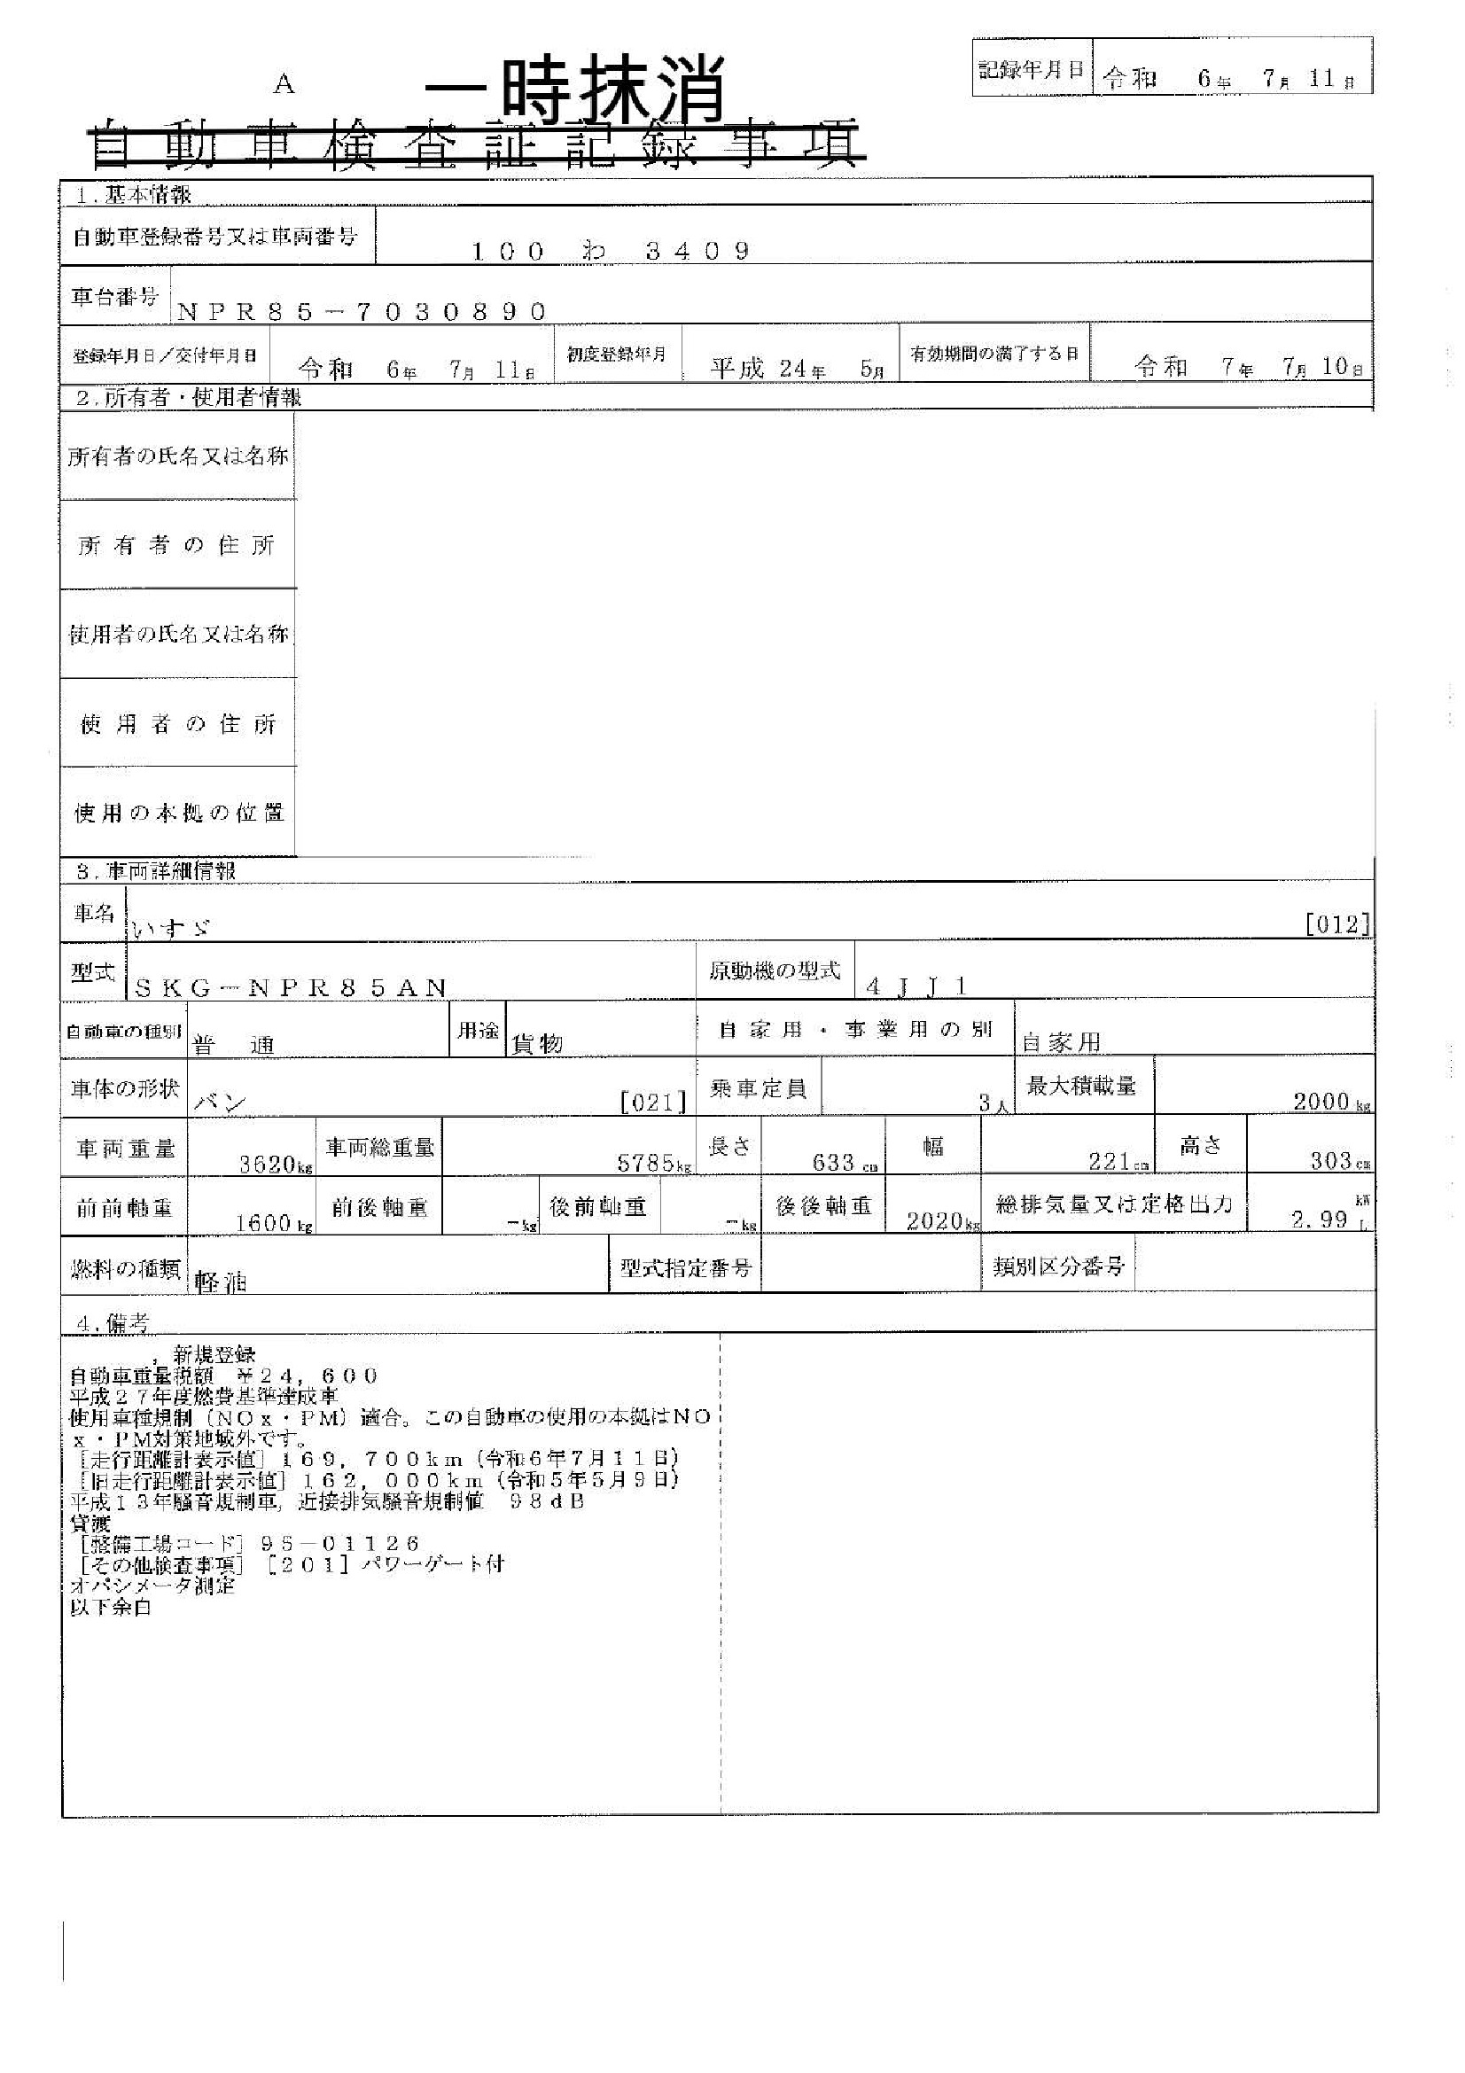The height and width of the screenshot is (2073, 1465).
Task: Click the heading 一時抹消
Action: [575, 90]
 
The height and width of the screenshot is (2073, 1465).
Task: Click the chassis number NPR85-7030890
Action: [362, 311]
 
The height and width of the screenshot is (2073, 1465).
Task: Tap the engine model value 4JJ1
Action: [916, 986]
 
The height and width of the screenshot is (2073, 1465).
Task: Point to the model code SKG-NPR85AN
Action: [290, 986]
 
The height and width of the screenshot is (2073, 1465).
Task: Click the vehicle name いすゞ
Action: [172, 926]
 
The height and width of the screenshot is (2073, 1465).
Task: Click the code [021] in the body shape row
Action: [653, 1103]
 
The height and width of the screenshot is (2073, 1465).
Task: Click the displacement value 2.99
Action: [1319, 1220]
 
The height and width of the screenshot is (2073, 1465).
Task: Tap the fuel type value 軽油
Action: [221, 1282]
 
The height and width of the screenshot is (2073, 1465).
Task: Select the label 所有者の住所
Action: [177, 545]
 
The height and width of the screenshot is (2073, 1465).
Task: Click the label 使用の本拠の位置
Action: [178, 813]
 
